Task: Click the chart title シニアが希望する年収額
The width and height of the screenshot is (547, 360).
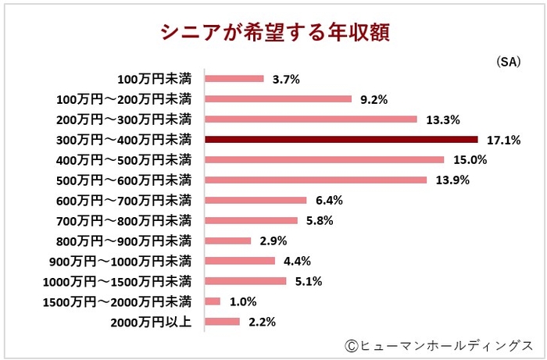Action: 273,32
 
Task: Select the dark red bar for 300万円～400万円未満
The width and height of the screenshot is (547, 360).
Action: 341,139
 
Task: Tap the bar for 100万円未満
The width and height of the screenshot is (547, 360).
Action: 234,78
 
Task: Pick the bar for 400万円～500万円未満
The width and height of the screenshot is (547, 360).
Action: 324,159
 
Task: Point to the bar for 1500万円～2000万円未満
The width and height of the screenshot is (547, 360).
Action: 213,301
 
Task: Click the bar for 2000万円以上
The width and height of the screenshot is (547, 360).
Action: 222,321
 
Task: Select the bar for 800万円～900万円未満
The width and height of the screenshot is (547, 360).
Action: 227,241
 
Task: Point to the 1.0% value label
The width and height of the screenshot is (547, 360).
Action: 243,301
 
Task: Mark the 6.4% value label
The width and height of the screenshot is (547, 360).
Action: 329,200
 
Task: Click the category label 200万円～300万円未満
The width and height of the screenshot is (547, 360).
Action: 124,119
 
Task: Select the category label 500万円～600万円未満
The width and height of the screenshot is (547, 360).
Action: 124,180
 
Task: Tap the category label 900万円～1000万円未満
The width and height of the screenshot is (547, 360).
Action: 121,261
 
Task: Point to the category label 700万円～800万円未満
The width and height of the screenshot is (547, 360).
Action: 124,220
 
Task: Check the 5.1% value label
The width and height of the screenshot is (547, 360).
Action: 309,281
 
